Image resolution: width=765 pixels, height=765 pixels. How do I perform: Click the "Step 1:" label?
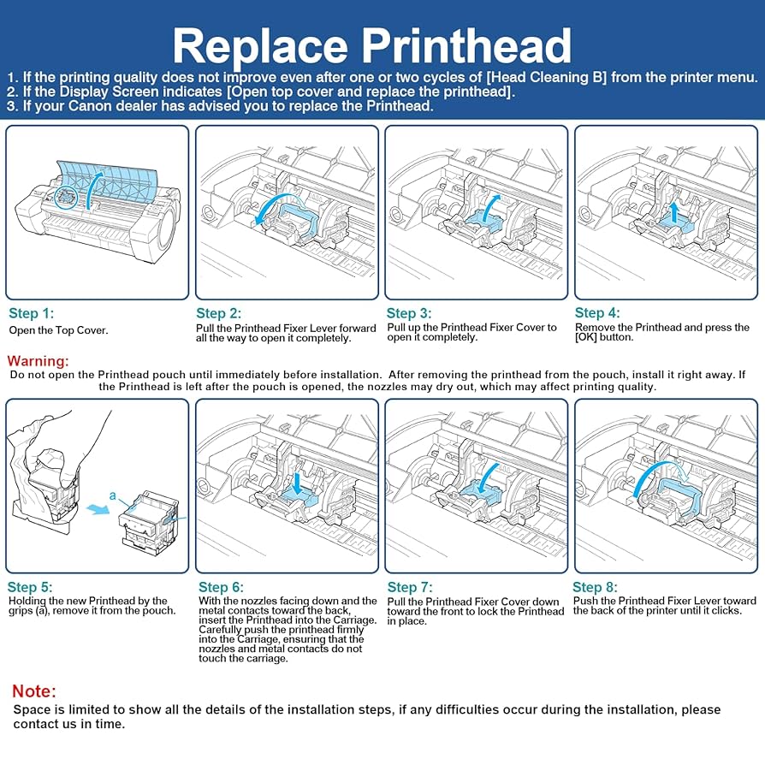tap(31, 313)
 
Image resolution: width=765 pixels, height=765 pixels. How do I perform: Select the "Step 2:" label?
tap(219, 314)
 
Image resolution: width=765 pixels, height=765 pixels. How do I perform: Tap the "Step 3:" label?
tap(409, 314)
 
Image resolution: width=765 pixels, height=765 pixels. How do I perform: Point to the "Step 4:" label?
tap(597, 313)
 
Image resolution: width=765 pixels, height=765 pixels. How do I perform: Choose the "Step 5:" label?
tap(30, 587)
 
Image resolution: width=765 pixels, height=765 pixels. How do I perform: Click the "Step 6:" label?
tap(221, 587)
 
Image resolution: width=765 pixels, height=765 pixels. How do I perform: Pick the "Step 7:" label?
tap(410, 587)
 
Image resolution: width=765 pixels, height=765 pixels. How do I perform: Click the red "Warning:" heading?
tap(38, 361)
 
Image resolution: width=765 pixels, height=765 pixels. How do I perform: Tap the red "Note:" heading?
tap(34, 691)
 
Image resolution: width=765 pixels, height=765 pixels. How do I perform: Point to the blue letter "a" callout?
tap(112, 495)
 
